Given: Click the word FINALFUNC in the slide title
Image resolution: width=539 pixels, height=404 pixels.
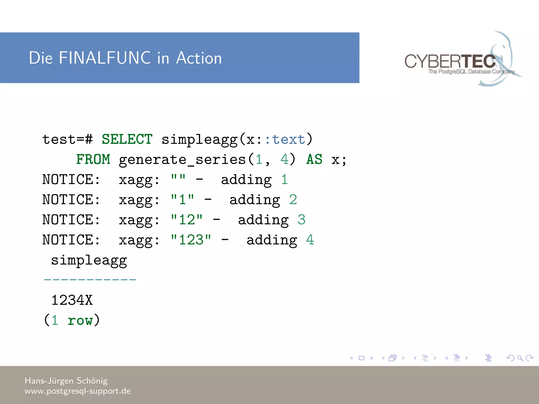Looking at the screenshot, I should click(105, 58).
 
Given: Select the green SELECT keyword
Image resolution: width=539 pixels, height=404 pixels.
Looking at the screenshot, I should click(127, 139).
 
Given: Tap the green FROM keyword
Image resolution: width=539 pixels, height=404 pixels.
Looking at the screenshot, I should click(93, 159).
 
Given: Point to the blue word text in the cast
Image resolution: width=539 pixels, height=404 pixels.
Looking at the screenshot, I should click(288, 139).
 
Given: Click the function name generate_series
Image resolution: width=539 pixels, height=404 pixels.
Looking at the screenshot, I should click(182, 159).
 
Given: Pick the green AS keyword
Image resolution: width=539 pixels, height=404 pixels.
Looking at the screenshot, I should click(314, 159).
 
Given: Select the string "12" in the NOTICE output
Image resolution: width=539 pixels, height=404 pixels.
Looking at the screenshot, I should click(187, 220).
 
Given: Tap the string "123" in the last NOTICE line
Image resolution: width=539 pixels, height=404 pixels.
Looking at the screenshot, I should click(191, 240).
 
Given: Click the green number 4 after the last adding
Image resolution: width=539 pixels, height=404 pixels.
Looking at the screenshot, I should click(310, 240).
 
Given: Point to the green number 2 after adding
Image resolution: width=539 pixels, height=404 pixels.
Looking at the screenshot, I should click(293, 200).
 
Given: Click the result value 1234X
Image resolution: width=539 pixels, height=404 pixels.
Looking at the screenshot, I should click(72, 300).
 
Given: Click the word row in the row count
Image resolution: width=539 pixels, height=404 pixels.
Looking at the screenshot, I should click(80, 320).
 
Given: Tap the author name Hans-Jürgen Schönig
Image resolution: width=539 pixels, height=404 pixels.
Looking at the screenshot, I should click(66, 381).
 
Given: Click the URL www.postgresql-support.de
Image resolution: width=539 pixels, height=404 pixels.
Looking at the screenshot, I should click(77, 391).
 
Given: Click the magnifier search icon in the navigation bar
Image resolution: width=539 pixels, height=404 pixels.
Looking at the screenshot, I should click(520, 358).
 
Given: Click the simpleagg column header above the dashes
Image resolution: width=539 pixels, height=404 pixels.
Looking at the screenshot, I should click(89, 260).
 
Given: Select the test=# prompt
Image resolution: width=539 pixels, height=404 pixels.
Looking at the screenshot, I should click(67, 139).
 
